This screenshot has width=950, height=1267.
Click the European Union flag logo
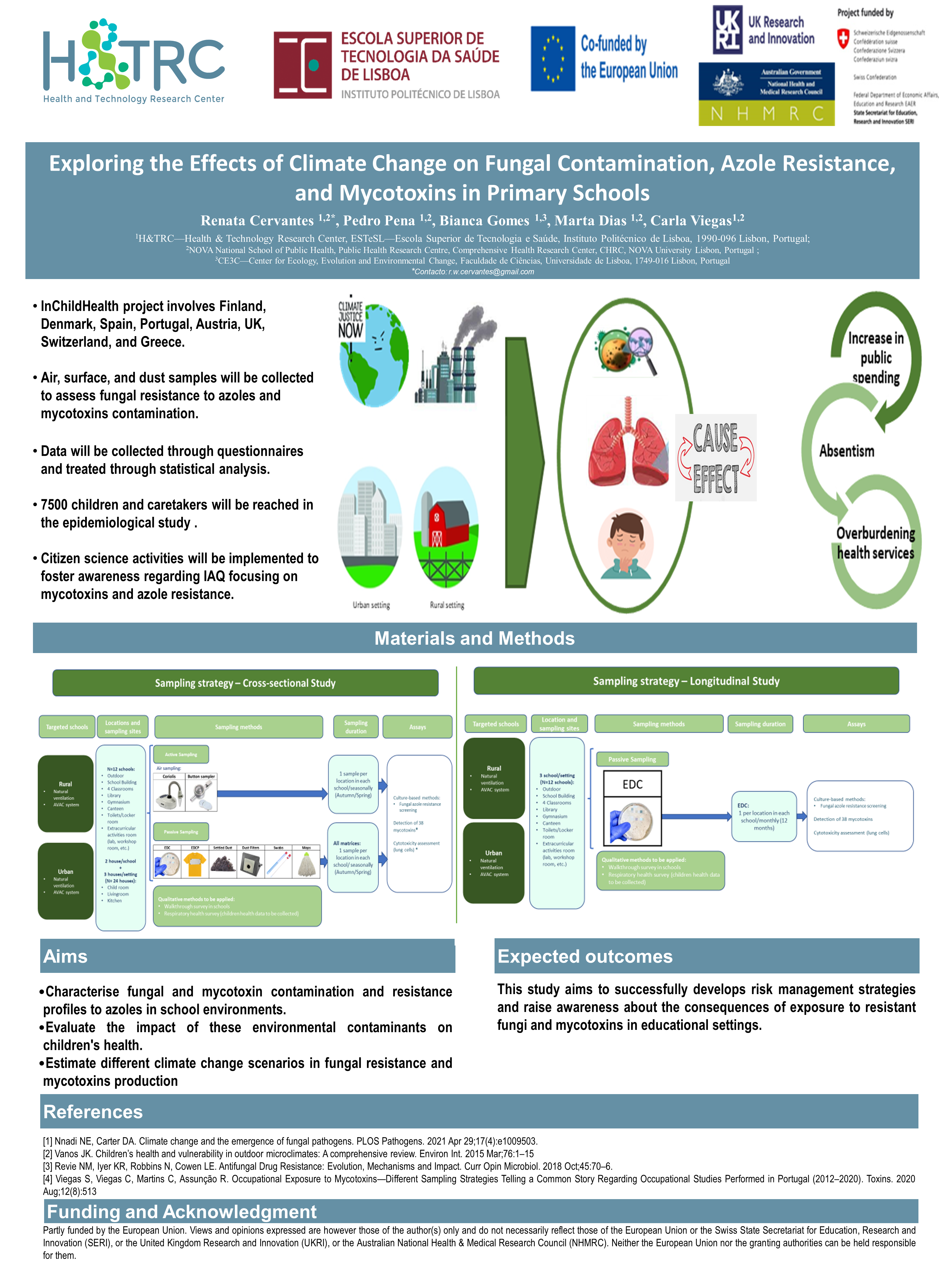553,58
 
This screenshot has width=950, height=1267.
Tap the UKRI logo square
727,30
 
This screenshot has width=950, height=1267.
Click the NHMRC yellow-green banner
766,113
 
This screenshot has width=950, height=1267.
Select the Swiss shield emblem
842,39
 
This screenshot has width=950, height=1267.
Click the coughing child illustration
626,544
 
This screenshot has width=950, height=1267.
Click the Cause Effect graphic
716,457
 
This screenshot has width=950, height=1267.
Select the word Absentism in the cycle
846,451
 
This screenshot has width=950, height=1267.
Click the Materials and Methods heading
474,638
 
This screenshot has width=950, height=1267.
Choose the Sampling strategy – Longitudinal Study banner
686,681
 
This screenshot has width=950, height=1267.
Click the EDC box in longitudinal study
632,784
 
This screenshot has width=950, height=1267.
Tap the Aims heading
65,957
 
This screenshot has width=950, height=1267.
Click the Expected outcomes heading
585,957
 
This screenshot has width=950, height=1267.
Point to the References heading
93,1112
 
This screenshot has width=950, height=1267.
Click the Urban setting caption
371,605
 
